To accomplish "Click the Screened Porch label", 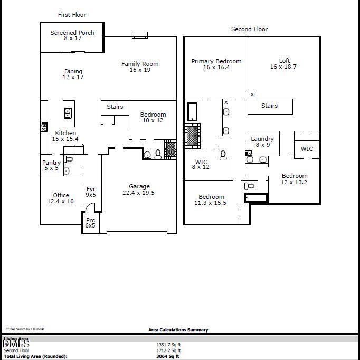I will pyautogui.click(x=72, y=35).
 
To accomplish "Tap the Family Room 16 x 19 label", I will pyautogui.click(x=140, y=67).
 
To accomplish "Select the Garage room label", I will pyautogui.click(x=139, y=190).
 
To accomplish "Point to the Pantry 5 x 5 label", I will pyautogui.click(x=51, y=165).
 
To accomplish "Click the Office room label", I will pyautogui.click(x=61, y=198).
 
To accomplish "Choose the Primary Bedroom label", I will pyautogui.click(x=216, y=64).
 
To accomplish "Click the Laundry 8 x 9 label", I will pyautogui.click(x=262, y=142).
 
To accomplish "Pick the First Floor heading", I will pyautogui.click(x=72, y=15).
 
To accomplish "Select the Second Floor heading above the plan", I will pyautogui.click(x=249, y=29).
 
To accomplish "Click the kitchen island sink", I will pyautogui.click(x=68, y=113).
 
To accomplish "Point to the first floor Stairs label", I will pyautogui.click(x=115, y=107).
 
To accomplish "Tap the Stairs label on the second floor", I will pyautogui.click(x=270, y=106).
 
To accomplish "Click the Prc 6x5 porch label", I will pyautogui.click(x=90, y=223).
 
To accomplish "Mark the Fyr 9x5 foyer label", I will pyautogui.click(x=91, y=192).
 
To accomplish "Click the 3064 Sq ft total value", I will pyautogui.click(x=168, y=356).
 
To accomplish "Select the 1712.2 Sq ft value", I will pyautogui.click(x=169, y=350).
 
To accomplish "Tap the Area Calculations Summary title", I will pyautogui.click(x=178, y=330).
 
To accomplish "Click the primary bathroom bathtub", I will pyautogui.click(x=192, y=111).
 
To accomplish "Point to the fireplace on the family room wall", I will pyautogui.click(x=140, y=35).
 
